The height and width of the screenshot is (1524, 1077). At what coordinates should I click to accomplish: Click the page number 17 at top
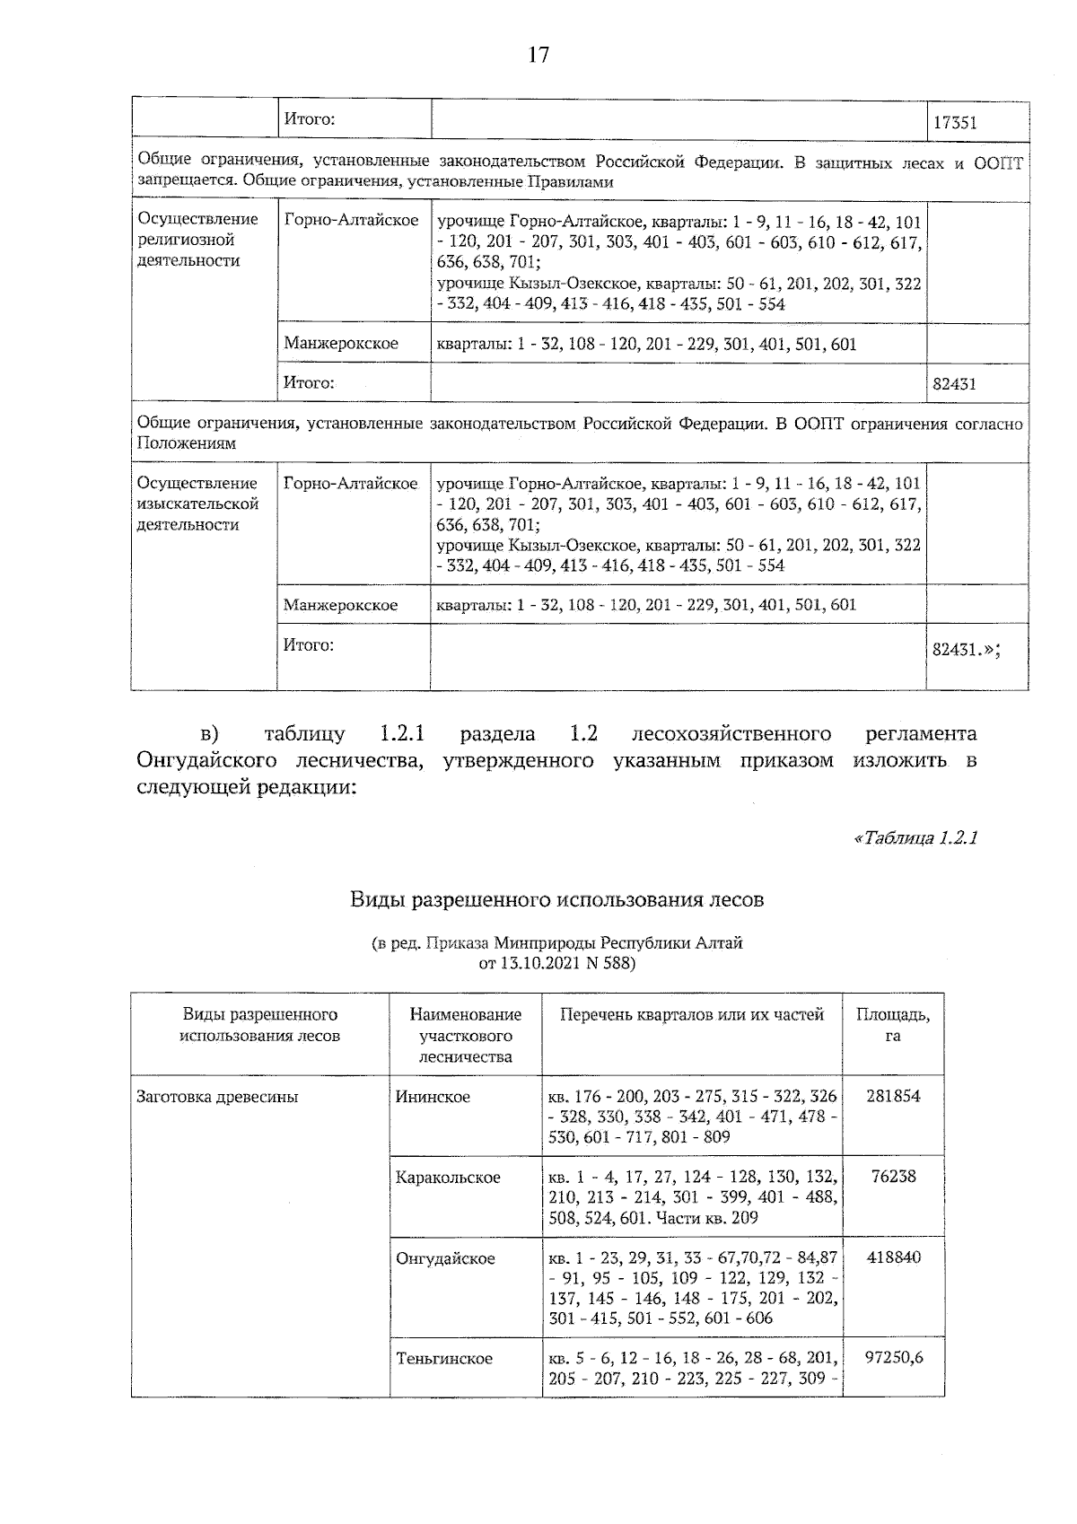click(x=538, y=56)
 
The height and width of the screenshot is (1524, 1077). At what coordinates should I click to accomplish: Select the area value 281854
click(x=893, y=1096)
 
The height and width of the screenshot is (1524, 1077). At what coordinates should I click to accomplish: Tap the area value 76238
click(x=893, y=1177)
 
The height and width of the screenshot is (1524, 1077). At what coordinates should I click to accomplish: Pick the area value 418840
click(x=893, y=1257)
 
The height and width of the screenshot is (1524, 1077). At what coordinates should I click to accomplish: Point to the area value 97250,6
click(x=893, y=1358)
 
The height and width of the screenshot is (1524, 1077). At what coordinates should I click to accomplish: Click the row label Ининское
click(x=433, y=1097)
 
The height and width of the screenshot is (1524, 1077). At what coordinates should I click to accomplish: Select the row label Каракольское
click(x=448, y=1178)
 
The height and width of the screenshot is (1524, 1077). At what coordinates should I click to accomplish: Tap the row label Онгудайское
click(x=445, y=1258)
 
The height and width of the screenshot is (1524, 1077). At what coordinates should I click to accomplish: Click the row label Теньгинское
click(x=444, y=1359)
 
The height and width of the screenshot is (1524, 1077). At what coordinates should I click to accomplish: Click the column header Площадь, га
click(x=892, y=1025)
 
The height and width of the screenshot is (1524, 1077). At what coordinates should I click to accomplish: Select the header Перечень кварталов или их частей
click(x=691, y=1015)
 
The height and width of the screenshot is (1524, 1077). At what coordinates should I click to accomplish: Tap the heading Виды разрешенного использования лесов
click(x=556, y=898)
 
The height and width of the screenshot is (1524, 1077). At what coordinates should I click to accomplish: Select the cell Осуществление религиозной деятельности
click(x=197, y=240)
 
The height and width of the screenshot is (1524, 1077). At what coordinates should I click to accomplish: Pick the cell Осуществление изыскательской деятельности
click(x=197, y=504)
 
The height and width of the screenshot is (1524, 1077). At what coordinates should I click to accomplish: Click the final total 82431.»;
click(x=965, y=652)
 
